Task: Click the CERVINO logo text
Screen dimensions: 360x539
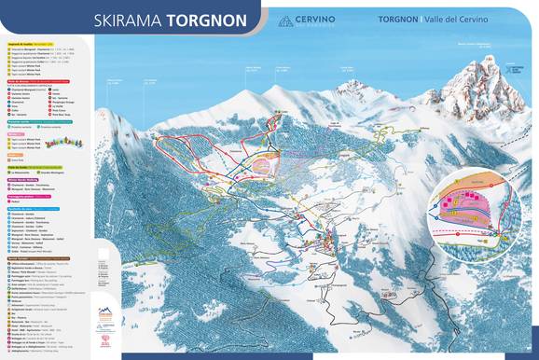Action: point(332,16)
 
